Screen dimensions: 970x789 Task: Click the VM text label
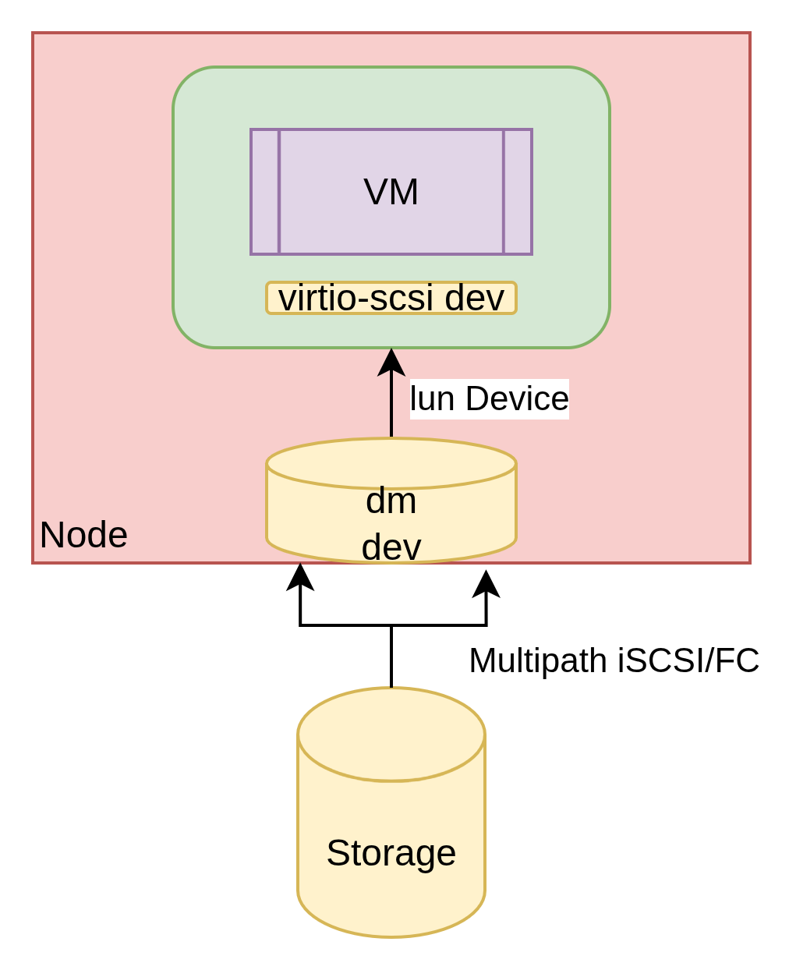point(391,192)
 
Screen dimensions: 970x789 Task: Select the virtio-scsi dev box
point(391,298)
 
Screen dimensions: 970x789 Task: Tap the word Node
point(83,535)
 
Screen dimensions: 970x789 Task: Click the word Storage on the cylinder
point(391,852)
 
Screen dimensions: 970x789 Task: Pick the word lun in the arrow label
point(433,398)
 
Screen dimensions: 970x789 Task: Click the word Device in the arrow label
point(517,398)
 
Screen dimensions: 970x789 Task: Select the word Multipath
point(538,660)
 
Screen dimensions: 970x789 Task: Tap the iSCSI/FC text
point(688,660)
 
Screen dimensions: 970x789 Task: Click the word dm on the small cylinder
point(391,501)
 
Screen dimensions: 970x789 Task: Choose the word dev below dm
point(391,547)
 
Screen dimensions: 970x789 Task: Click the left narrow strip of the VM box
point(265,192)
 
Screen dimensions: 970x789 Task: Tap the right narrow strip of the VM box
point(518,192)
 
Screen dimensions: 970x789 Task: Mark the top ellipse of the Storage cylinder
point(391,734)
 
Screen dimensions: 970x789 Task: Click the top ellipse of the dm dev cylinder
point(391,463)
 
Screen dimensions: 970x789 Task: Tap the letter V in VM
point(376,192)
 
